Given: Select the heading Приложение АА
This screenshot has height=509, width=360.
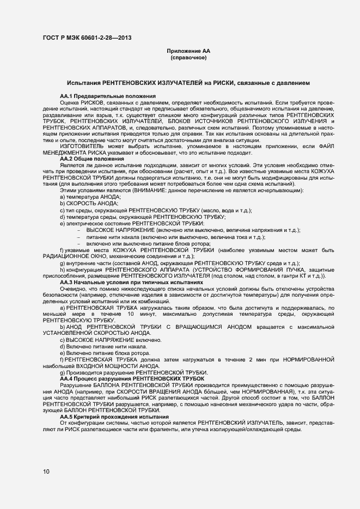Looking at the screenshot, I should (x=188, y=51).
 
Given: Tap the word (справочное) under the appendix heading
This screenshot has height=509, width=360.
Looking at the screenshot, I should (x=188, y=58).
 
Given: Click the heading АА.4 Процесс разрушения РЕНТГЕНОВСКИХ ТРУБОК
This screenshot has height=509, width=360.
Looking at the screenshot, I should (x=132, y=378).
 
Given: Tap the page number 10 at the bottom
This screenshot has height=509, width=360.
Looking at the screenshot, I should (x=46, y=471).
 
